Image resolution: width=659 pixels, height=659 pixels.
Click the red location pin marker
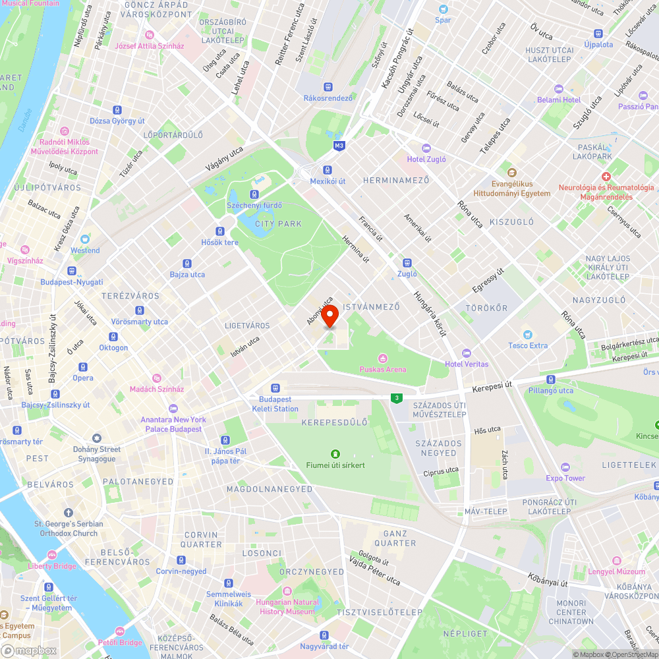[x=329, y=315]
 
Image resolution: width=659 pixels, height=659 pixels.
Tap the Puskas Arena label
[x=382, y=369]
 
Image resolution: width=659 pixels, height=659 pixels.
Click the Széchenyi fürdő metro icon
[x=254, y=194]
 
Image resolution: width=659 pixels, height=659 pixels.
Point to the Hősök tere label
[x=220, y=242]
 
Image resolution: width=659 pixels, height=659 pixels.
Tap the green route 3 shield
[x=397, y=397]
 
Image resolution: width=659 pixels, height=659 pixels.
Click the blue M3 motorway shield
[x=339, y=146]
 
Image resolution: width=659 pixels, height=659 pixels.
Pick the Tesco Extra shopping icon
[x=527, y=335]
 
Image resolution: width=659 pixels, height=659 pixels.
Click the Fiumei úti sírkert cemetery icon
[x=335, y=453]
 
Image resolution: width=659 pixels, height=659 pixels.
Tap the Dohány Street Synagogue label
[x=97, y=454]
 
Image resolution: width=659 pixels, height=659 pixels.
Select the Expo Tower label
[x=565, y=478]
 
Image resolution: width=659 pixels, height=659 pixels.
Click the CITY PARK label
[x=278, y=224]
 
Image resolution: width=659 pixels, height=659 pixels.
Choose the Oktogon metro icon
[x=113, y=337]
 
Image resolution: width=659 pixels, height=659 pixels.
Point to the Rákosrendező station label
[x=328, y=98]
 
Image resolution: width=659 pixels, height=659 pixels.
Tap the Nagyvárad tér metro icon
[x=324, y=635]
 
